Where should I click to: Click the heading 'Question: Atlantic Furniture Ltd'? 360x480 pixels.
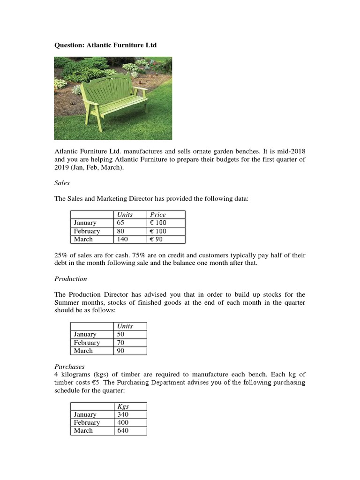105,45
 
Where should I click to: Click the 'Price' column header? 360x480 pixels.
158,215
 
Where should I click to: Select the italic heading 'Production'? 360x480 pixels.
71,278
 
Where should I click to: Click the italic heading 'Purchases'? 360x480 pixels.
69,366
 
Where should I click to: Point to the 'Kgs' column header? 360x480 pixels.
124,406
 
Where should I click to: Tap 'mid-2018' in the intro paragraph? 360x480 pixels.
290,151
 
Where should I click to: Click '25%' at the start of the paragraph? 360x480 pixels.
61,255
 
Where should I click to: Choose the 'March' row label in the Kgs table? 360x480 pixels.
83,430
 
